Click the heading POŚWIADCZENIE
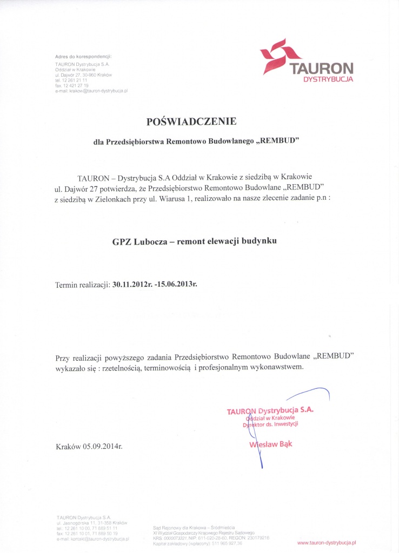[x=196, y=121]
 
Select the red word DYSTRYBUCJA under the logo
[x=328, y=79]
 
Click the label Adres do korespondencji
[x=83, y=56]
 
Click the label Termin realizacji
[x=83, y=284]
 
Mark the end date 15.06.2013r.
[x=178, y=284]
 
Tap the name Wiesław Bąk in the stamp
[x=270, y=444]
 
